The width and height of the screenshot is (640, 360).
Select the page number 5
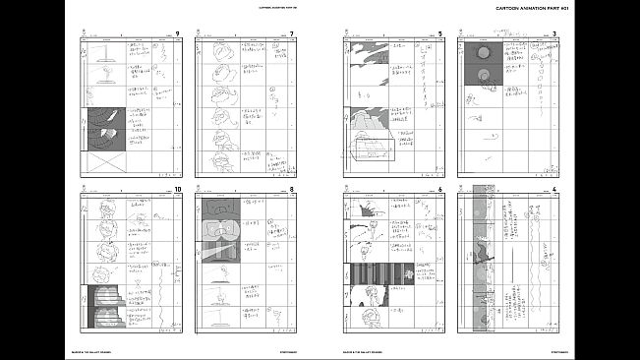click(x=439, y=35)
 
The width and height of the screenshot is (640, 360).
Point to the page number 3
click(x=554, y=35)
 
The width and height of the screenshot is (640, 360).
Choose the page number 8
click(x=292, y=189)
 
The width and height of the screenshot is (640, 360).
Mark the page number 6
click(x=439, y=189)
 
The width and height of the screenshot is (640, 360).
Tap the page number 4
click(x=554, y=189)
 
